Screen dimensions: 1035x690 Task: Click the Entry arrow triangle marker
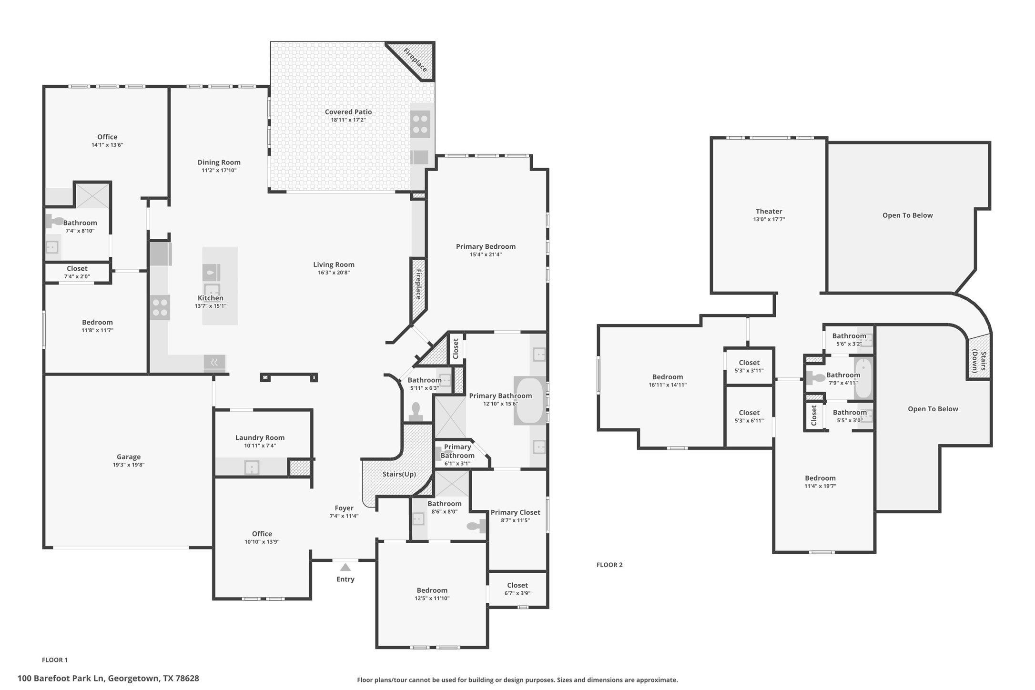345,567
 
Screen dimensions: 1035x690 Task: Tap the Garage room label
129,457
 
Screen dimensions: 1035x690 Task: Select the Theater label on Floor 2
769,211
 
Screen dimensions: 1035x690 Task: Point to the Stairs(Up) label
399,474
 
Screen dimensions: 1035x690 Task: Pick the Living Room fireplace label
418,284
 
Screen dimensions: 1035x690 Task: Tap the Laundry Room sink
252,467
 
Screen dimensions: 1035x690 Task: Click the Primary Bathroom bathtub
529,400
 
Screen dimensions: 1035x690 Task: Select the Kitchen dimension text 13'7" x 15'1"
210,306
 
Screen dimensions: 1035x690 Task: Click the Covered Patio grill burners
420,124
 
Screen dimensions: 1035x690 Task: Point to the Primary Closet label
515,512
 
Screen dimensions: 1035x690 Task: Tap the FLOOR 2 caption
609,565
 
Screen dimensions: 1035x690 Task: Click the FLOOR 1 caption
55,660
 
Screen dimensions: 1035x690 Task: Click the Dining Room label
219,162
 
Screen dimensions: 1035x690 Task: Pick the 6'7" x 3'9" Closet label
517,585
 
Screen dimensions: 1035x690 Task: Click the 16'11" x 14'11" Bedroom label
668,377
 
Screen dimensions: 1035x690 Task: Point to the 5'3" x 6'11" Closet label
749,413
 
